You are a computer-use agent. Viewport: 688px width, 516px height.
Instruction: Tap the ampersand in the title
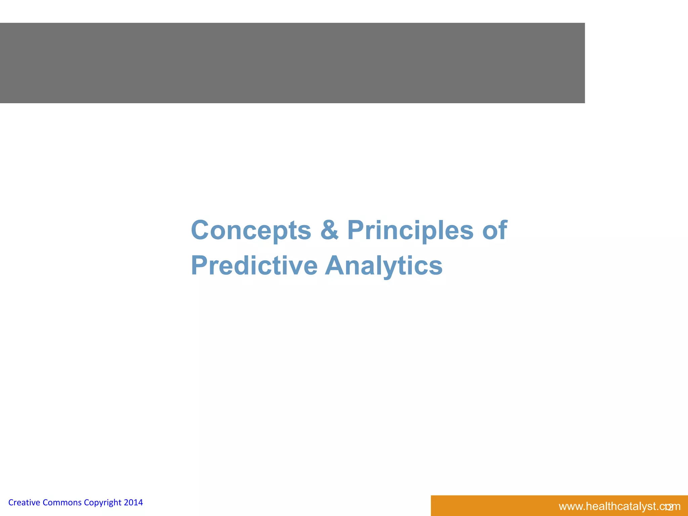pos(329,230)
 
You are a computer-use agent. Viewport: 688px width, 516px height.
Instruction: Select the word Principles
pos(410,230)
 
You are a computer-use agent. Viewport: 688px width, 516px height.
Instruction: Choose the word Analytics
pos(384,266)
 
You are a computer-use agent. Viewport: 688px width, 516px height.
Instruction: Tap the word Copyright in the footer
pos(102,503)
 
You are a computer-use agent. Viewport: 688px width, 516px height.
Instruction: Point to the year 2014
pos(133,503)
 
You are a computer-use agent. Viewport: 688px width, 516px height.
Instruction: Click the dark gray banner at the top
pos(292,63)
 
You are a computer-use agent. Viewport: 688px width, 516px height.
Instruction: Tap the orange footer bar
pos(487,506)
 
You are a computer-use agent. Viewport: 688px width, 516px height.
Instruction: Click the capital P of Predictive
pos(199,266)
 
